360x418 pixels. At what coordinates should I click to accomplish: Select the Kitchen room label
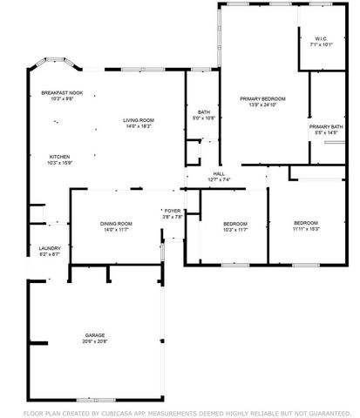click(60, 156)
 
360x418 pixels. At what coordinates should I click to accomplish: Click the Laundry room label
click(49, 247)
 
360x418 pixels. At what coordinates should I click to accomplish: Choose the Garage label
click(95, 334)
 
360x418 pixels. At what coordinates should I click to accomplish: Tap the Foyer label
click(172, 211)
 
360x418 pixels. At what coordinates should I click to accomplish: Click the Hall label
click(219, 173)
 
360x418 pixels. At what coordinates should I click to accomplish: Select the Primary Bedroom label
click(268, 99)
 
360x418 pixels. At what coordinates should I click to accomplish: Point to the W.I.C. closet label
click(320, 38)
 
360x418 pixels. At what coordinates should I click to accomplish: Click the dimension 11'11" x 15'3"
click(305, 229)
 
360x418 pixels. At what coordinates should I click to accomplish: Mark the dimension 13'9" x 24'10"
click(268, 105)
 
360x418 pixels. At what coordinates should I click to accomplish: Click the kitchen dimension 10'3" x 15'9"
click(60, 162)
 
